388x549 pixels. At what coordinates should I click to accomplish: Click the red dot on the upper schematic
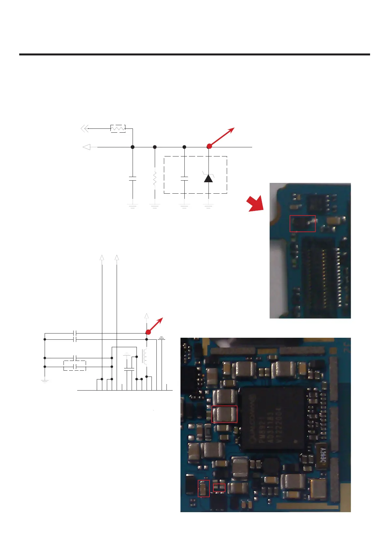209,146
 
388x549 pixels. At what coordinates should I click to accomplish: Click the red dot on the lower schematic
148,332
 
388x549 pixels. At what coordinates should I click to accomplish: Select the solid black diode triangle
208,178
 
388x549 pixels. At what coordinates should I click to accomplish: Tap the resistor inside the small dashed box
118,128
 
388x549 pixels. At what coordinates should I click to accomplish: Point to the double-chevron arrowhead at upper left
85,128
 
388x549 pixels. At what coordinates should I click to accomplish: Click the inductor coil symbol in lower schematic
145,357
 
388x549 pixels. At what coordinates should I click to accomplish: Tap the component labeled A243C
322,455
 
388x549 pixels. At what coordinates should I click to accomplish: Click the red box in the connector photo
303,224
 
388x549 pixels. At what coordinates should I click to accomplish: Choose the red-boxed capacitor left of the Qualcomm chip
224,414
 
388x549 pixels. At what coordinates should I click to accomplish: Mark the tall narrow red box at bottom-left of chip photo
204,488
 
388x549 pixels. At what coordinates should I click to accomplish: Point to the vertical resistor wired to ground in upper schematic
155,178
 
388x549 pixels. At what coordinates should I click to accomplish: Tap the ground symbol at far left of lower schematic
45,380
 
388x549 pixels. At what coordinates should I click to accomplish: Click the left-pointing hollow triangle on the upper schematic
87,147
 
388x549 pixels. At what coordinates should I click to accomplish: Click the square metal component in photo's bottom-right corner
317,489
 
